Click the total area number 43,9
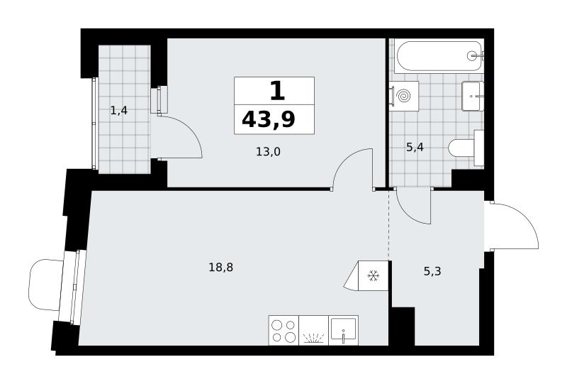click(269, 119)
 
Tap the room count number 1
click(277, 91)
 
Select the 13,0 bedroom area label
click(269, 152)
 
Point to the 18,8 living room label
click(221, 268)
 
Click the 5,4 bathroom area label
click(415, 147)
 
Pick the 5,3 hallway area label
click(432, 271)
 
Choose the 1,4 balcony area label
click(119, 111)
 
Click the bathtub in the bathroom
click(439, 56)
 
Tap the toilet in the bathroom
click(466, 148)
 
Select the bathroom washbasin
click(473, 96)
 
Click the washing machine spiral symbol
click(403, 96)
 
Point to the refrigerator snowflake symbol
click(374, 276)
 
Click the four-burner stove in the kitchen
click(284, 330)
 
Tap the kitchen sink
click(344, 330)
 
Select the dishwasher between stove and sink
click(314, 330)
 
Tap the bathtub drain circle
click(472, 55)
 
